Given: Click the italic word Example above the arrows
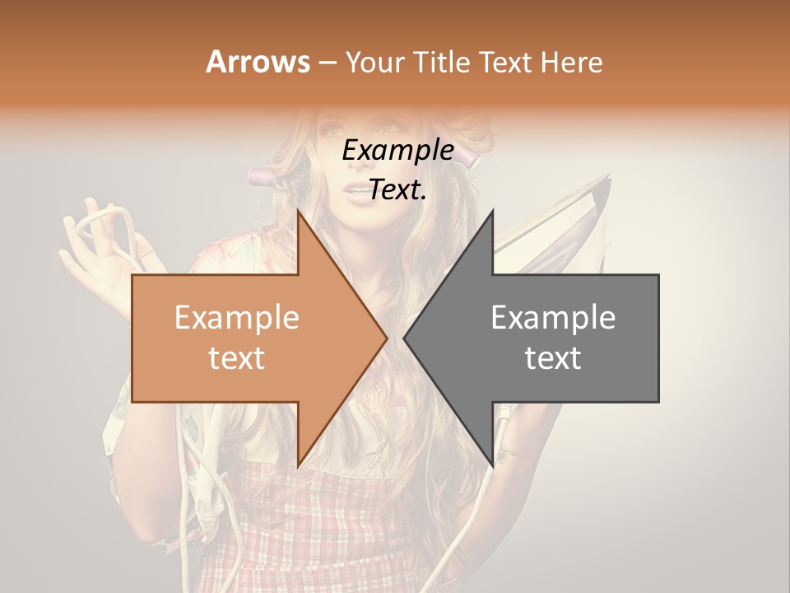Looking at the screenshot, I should click(x=397, y=151).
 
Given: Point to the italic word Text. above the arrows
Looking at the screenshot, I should click(x=397, y=190).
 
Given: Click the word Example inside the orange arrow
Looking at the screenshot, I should click(x=237, y=318).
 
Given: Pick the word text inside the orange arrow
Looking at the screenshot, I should click(x=237, y=357).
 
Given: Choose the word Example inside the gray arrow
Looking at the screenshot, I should click(x=553, y=318).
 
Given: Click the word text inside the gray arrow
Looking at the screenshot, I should click(x=553, y=357).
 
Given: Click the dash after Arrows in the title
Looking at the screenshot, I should click(x=327, y=62).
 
